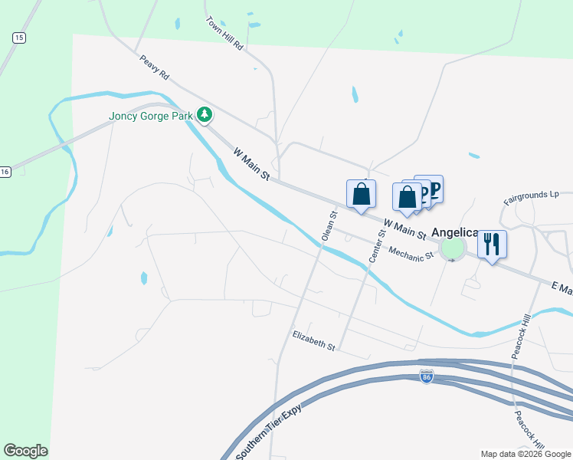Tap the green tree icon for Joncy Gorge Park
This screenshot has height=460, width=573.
[204, 116]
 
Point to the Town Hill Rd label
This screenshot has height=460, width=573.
[224, 34]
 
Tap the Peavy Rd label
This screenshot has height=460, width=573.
[154, 69]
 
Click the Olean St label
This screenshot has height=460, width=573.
[329, 227]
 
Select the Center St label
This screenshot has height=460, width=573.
[375, 245]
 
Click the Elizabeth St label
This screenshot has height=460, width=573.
[314, 341]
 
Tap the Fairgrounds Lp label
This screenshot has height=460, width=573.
[531, 198]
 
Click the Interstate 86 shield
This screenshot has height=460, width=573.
[427, 376]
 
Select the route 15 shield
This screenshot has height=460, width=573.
[19, 37]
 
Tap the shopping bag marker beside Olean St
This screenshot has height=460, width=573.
[361, 195]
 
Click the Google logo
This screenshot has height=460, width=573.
[25, 451]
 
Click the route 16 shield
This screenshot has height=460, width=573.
[5, 172]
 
